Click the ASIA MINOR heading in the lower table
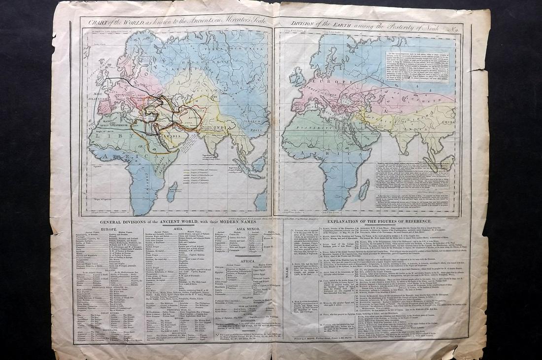[x=246, y=229]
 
